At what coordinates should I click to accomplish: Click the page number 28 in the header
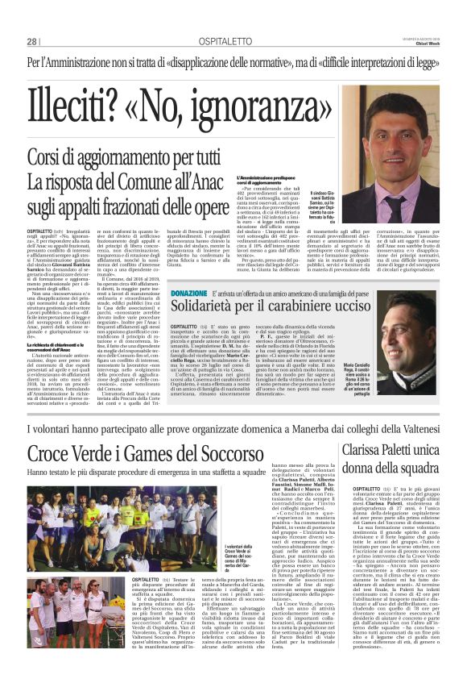[x=32, y=42]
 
